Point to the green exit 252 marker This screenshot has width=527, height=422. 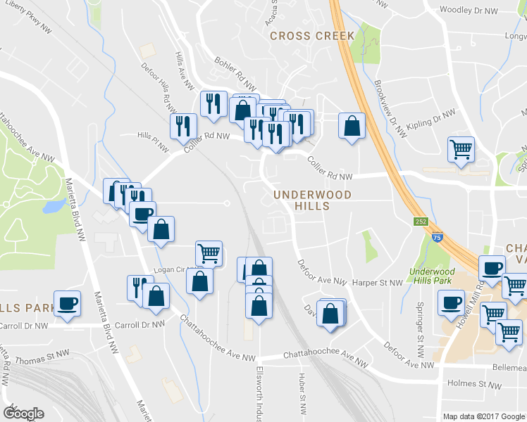[421, 222]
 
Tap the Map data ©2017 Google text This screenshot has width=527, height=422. [484, 416]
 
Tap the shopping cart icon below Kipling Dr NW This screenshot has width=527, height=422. [461, 149]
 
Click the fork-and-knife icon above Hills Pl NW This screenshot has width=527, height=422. [183, 126]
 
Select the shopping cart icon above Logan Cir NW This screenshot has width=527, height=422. [209, 252]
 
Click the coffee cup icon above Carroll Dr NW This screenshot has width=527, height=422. [67, 303]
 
